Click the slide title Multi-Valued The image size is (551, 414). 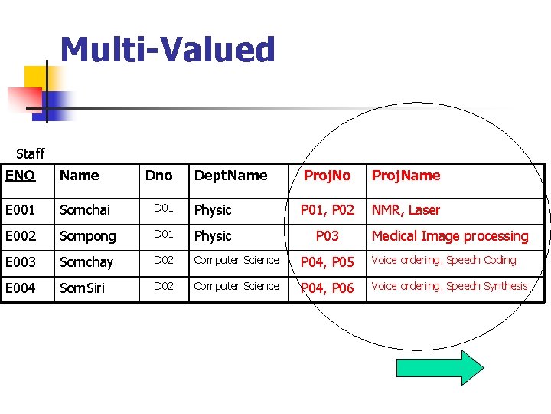(167, 50)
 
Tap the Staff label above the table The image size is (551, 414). (31, 154)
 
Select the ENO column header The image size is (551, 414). (20, 176)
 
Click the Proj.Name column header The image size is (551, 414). (406, 176)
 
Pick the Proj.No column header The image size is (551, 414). (327, 176)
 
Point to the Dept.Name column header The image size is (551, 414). (230, 176)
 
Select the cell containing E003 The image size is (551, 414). (21, 262)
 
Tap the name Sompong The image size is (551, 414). (88, 236)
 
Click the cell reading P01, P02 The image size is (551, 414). (328, 210)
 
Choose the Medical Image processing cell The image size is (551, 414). (449, 236)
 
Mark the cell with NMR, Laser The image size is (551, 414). (406, 210)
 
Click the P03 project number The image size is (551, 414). (328, 236)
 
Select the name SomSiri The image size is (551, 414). (83, 287)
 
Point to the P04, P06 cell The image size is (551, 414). (328, 288)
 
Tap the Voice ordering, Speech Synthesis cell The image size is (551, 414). (449, 286)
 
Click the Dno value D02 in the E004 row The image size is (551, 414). (163, 286)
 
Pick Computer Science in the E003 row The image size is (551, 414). (236, 260)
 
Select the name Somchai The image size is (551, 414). (85, 210)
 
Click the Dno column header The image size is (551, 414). (158, 176)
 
